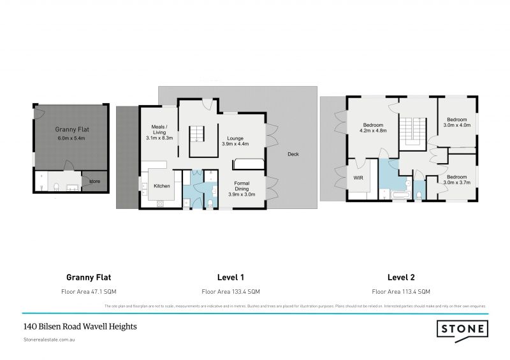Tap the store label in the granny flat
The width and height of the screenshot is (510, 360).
tap(94, 182)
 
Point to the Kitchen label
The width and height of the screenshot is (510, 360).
tap(162, 186)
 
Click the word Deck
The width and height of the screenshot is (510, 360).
tap(293, 154)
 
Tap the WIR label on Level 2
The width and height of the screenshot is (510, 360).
tap(359, 178)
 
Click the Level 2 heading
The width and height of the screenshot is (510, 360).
tap(401, 277)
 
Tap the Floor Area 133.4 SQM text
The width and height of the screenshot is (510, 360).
tap(231, 291)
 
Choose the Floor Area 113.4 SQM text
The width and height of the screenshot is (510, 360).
tap(401, 291)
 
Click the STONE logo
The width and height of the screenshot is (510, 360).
tap(462, 329)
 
